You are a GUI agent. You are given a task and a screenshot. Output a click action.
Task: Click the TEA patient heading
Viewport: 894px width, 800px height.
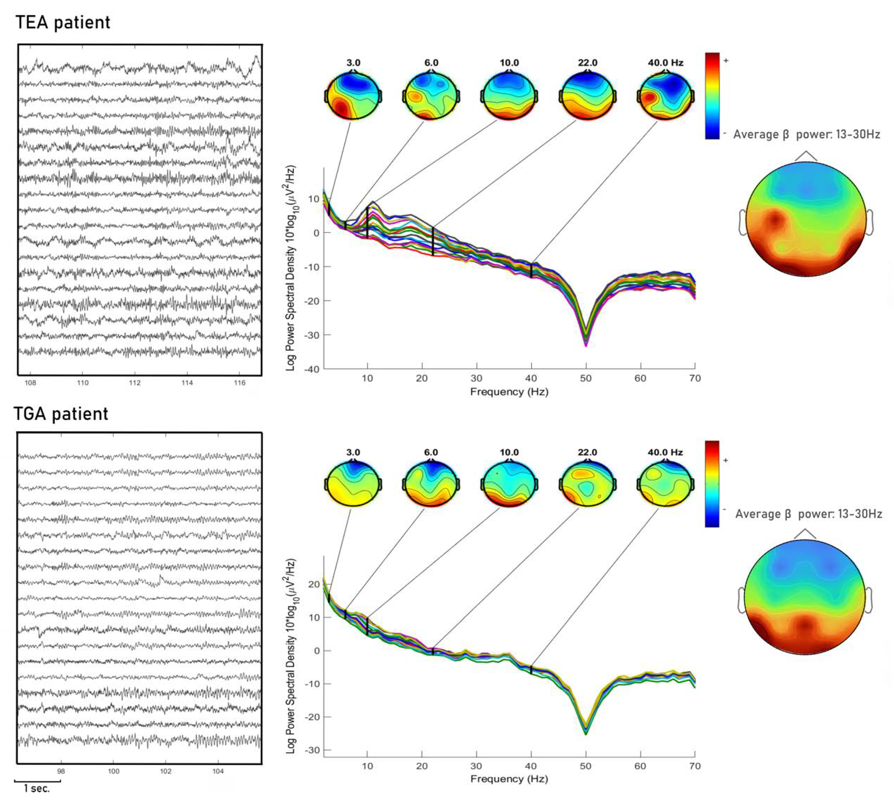63,22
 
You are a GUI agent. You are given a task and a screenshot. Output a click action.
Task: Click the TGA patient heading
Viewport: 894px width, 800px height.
61,414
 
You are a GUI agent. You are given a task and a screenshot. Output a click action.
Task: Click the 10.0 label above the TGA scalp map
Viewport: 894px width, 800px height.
509,452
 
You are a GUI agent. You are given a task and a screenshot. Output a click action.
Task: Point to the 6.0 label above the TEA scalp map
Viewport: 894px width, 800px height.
431,63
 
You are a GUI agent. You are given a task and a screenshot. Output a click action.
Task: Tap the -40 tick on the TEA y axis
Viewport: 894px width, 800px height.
313,369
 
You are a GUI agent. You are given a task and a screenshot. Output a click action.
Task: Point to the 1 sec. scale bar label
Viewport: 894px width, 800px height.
37,789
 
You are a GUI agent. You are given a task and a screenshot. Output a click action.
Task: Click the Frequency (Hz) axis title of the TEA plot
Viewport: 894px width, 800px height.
509,392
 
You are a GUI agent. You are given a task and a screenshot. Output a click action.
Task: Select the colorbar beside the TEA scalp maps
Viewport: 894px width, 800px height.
712,96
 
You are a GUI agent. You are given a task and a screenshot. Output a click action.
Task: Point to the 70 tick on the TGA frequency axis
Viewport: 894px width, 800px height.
695,766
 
